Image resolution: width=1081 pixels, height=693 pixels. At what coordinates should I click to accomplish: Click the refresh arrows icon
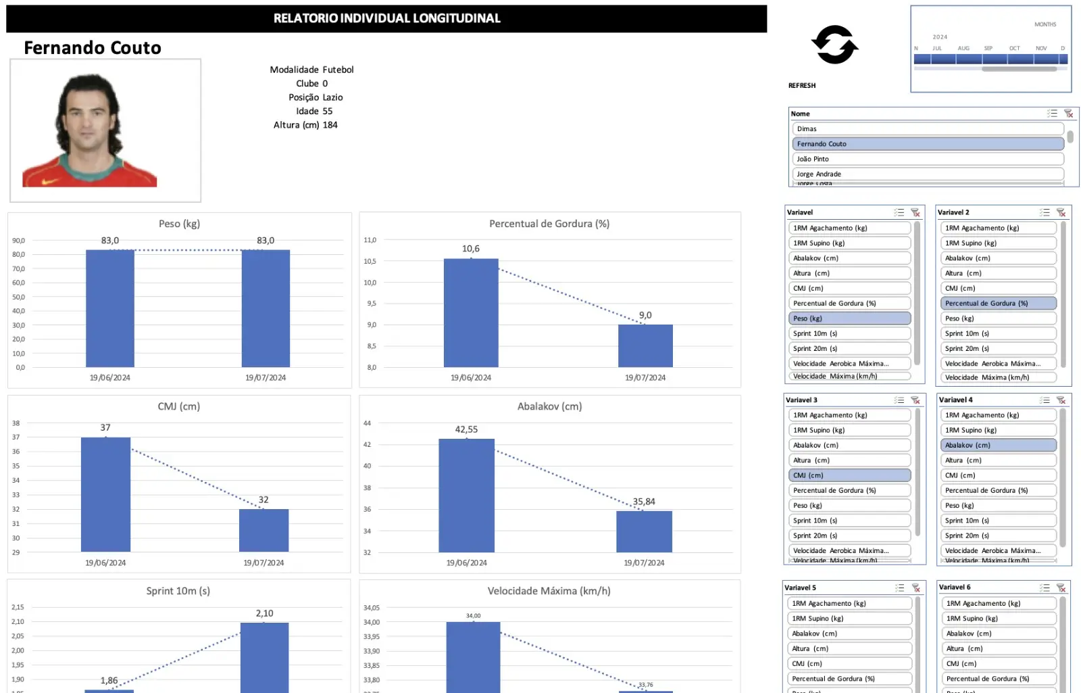(x=834, y=45)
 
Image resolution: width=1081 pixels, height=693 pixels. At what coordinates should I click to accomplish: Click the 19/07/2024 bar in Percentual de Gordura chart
(x=645, y=345)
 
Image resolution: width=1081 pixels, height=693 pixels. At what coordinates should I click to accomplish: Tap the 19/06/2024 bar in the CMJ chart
(x=105, y=494)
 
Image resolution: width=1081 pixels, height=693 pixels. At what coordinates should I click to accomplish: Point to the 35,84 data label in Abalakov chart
(x=644, y=502)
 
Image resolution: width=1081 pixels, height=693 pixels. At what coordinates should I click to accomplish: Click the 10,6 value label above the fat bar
(x=471, y=249)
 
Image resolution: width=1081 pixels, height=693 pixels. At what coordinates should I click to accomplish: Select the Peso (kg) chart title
(x=179, y=224)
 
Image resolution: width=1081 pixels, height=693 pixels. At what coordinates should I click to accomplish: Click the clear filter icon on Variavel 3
(x=915, y=400)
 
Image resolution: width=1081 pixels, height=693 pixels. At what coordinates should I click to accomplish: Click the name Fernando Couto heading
(x=93, y=47)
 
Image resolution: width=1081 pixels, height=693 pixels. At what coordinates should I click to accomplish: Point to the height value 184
(x=330, y=125)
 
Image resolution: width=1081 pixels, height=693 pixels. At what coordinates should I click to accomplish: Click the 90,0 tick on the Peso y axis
(x=18, y=241)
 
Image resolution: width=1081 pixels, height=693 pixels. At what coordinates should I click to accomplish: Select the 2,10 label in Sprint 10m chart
(x=264, y=613)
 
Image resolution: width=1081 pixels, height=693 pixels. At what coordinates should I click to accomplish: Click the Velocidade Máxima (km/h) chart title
(x=549, y=591)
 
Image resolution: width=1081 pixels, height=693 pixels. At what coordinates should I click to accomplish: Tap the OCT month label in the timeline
(x=1014, y=48)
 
